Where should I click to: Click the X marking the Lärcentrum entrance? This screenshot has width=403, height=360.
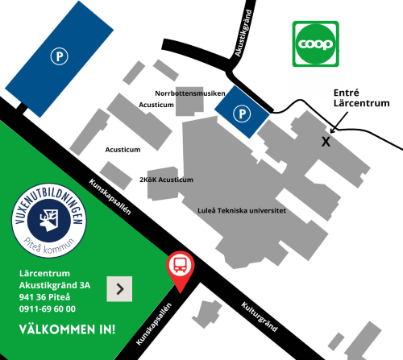[326, 141]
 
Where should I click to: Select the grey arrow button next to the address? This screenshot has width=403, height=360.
[119, 288]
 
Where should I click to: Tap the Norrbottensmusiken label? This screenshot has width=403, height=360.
[189, 93]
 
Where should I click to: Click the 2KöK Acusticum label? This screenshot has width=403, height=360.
[166, 179]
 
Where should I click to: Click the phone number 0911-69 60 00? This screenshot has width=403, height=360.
[48, 308]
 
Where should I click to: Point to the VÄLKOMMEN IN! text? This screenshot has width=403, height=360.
[67, 329]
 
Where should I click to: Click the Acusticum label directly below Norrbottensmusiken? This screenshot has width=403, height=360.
[156, 105]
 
